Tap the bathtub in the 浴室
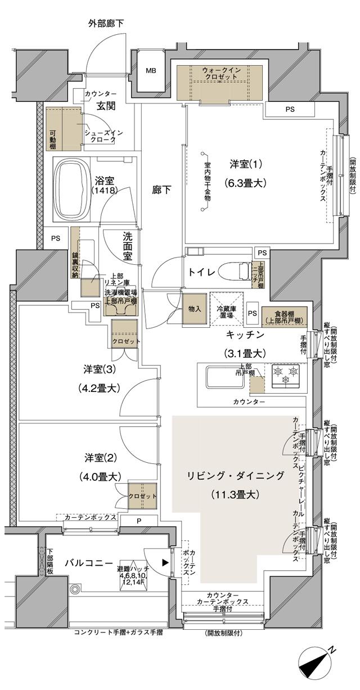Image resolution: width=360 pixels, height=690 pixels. coord(71,182)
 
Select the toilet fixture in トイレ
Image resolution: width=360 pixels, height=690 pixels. coord(233,272)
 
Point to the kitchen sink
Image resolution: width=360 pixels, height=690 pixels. coord(224,377)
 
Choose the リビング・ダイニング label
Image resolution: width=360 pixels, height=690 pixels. coord(236,476)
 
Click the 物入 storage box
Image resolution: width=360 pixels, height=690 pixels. coord(195,309)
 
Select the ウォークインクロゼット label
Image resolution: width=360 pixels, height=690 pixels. coord(222,73)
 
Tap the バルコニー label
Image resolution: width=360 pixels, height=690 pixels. coord(86,563)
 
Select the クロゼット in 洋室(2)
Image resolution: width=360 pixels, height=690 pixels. coord(142,497)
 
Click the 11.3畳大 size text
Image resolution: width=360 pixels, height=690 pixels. coord(236,495)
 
